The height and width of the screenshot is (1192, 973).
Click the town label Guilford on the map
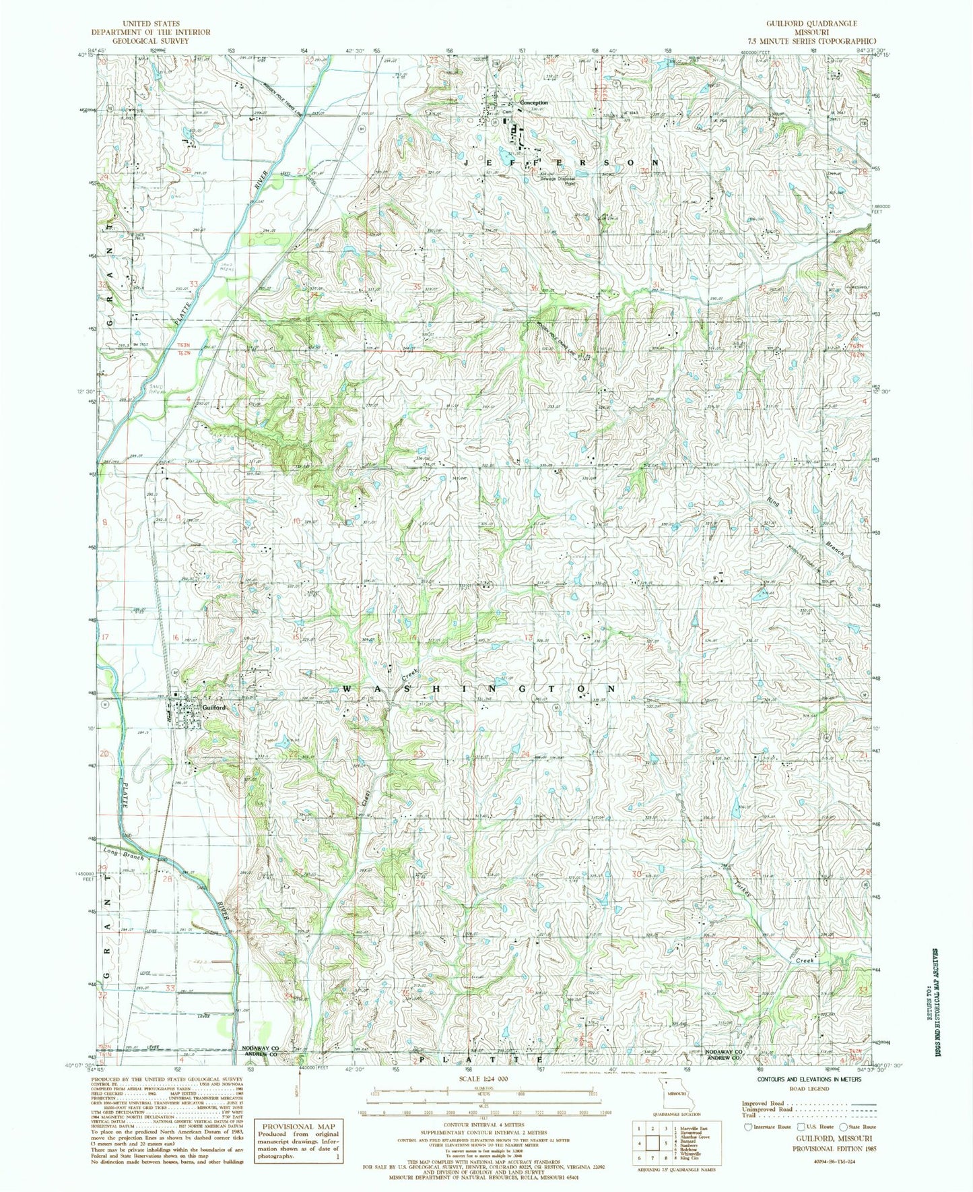click(213, 708)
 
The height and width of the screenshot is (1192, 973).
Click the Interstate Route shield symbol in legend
click(747, 1126)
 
